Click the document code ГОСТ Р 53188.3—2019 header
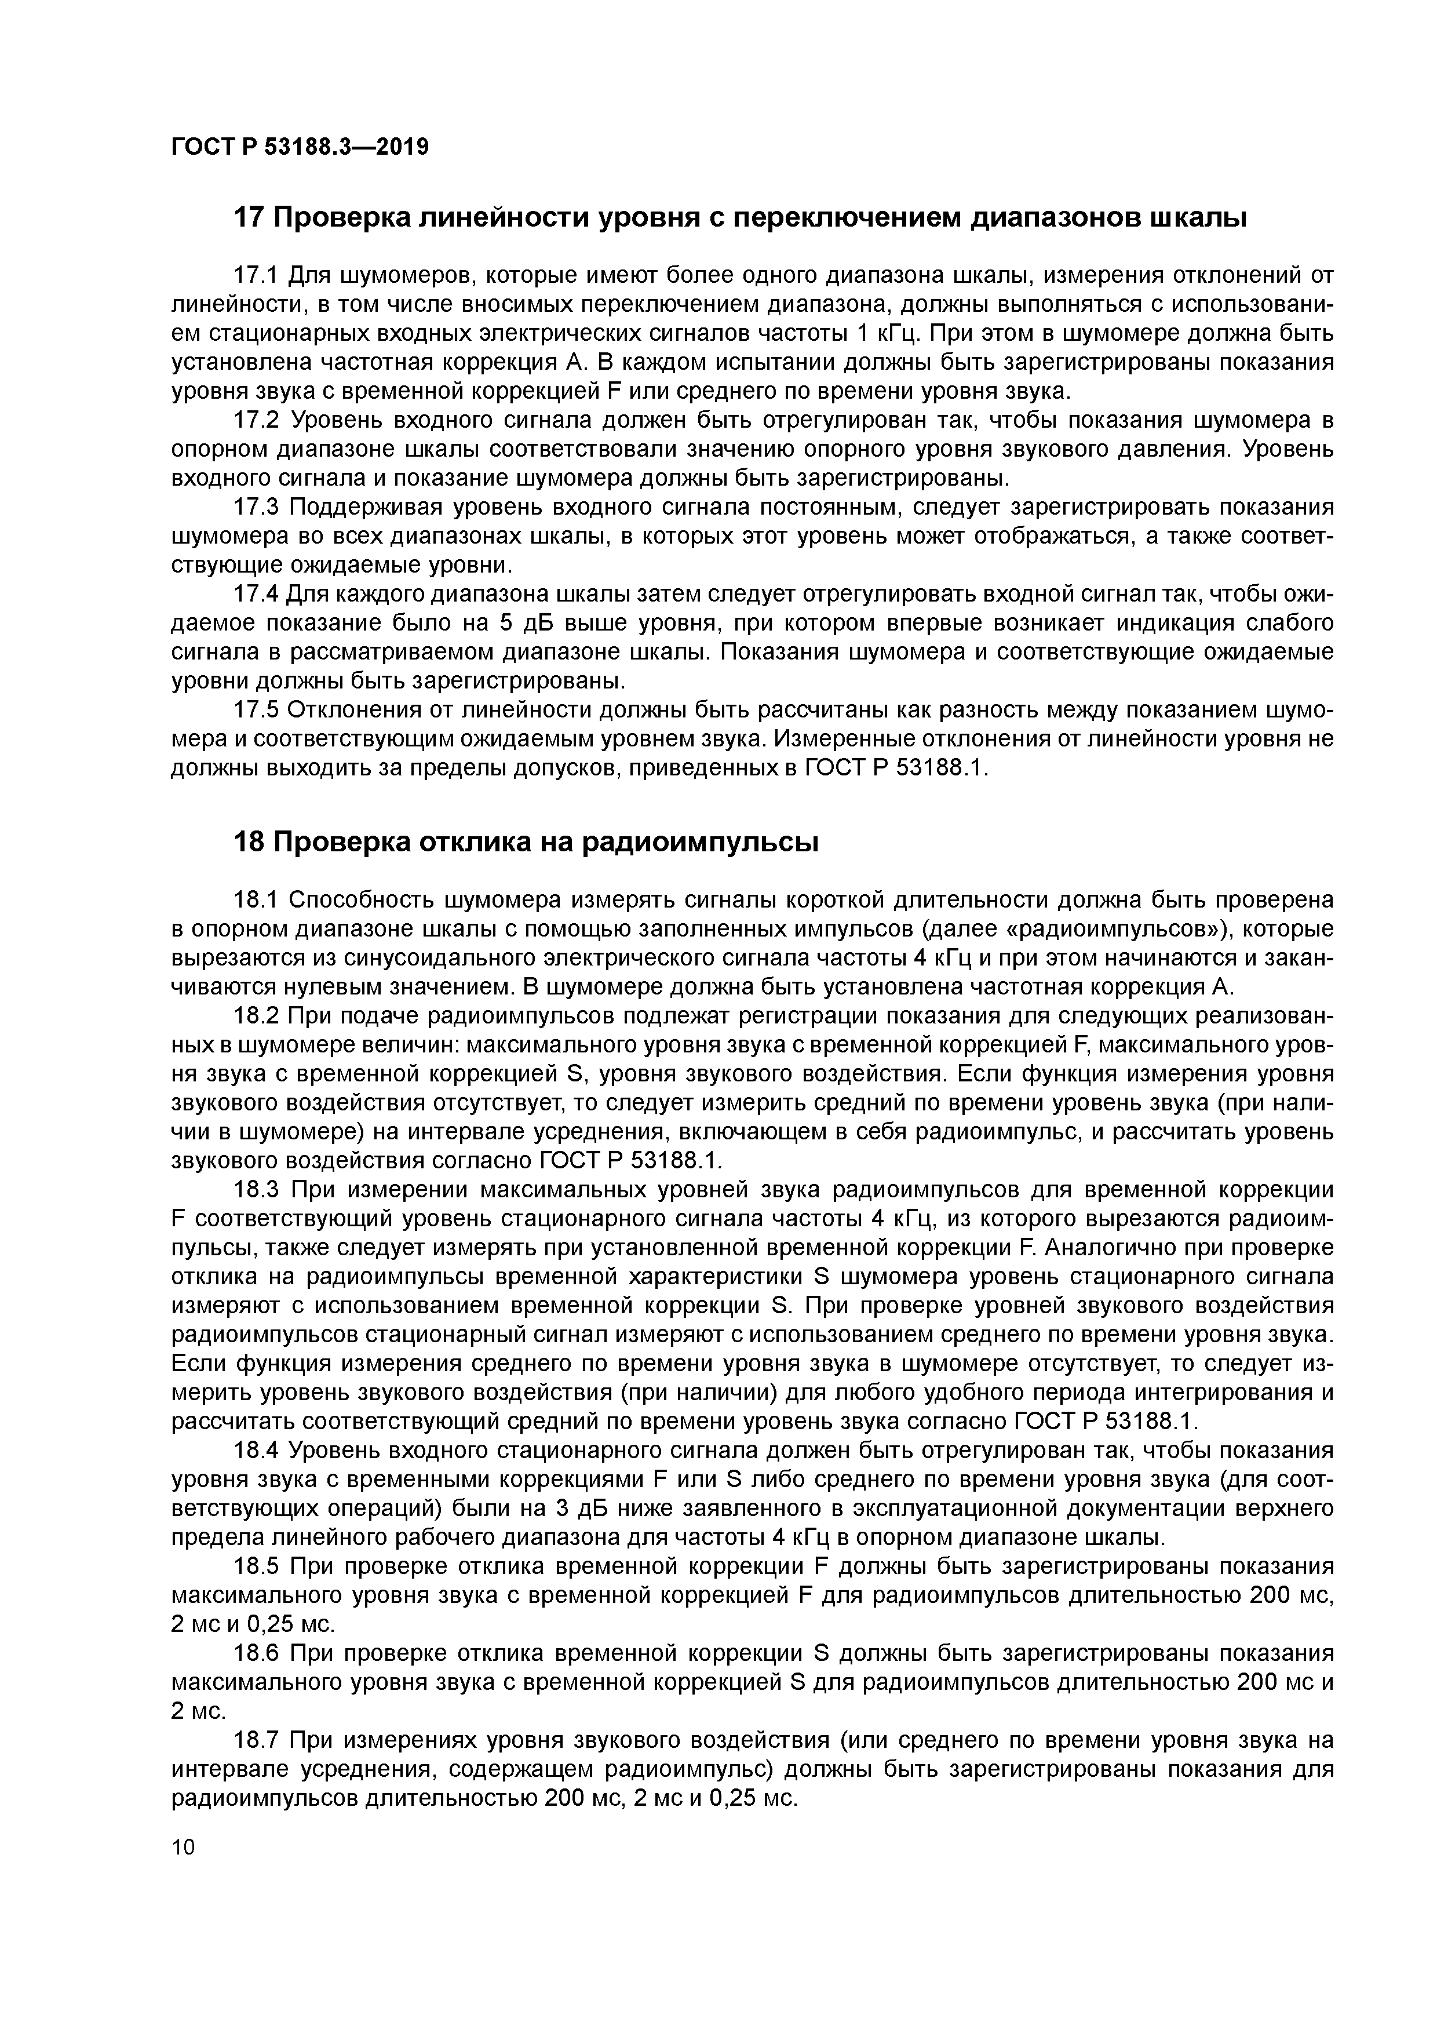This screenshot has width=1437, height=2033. [x=299, y=145]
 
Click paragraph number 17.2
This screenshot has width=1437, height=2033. [x=256, y=421]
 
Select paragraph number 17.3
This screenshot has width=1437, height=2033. [x=256, y=508]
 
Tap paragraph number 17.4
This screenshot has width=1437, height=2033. [x=256, y=595]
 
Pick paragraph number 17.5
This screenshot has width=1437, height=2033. [x=256, y=711]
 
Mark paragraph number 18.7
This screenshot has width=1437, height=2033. [x=256, y=1741]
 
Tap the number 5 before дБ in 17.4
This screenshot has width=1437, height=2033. [x=506, y=624]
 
